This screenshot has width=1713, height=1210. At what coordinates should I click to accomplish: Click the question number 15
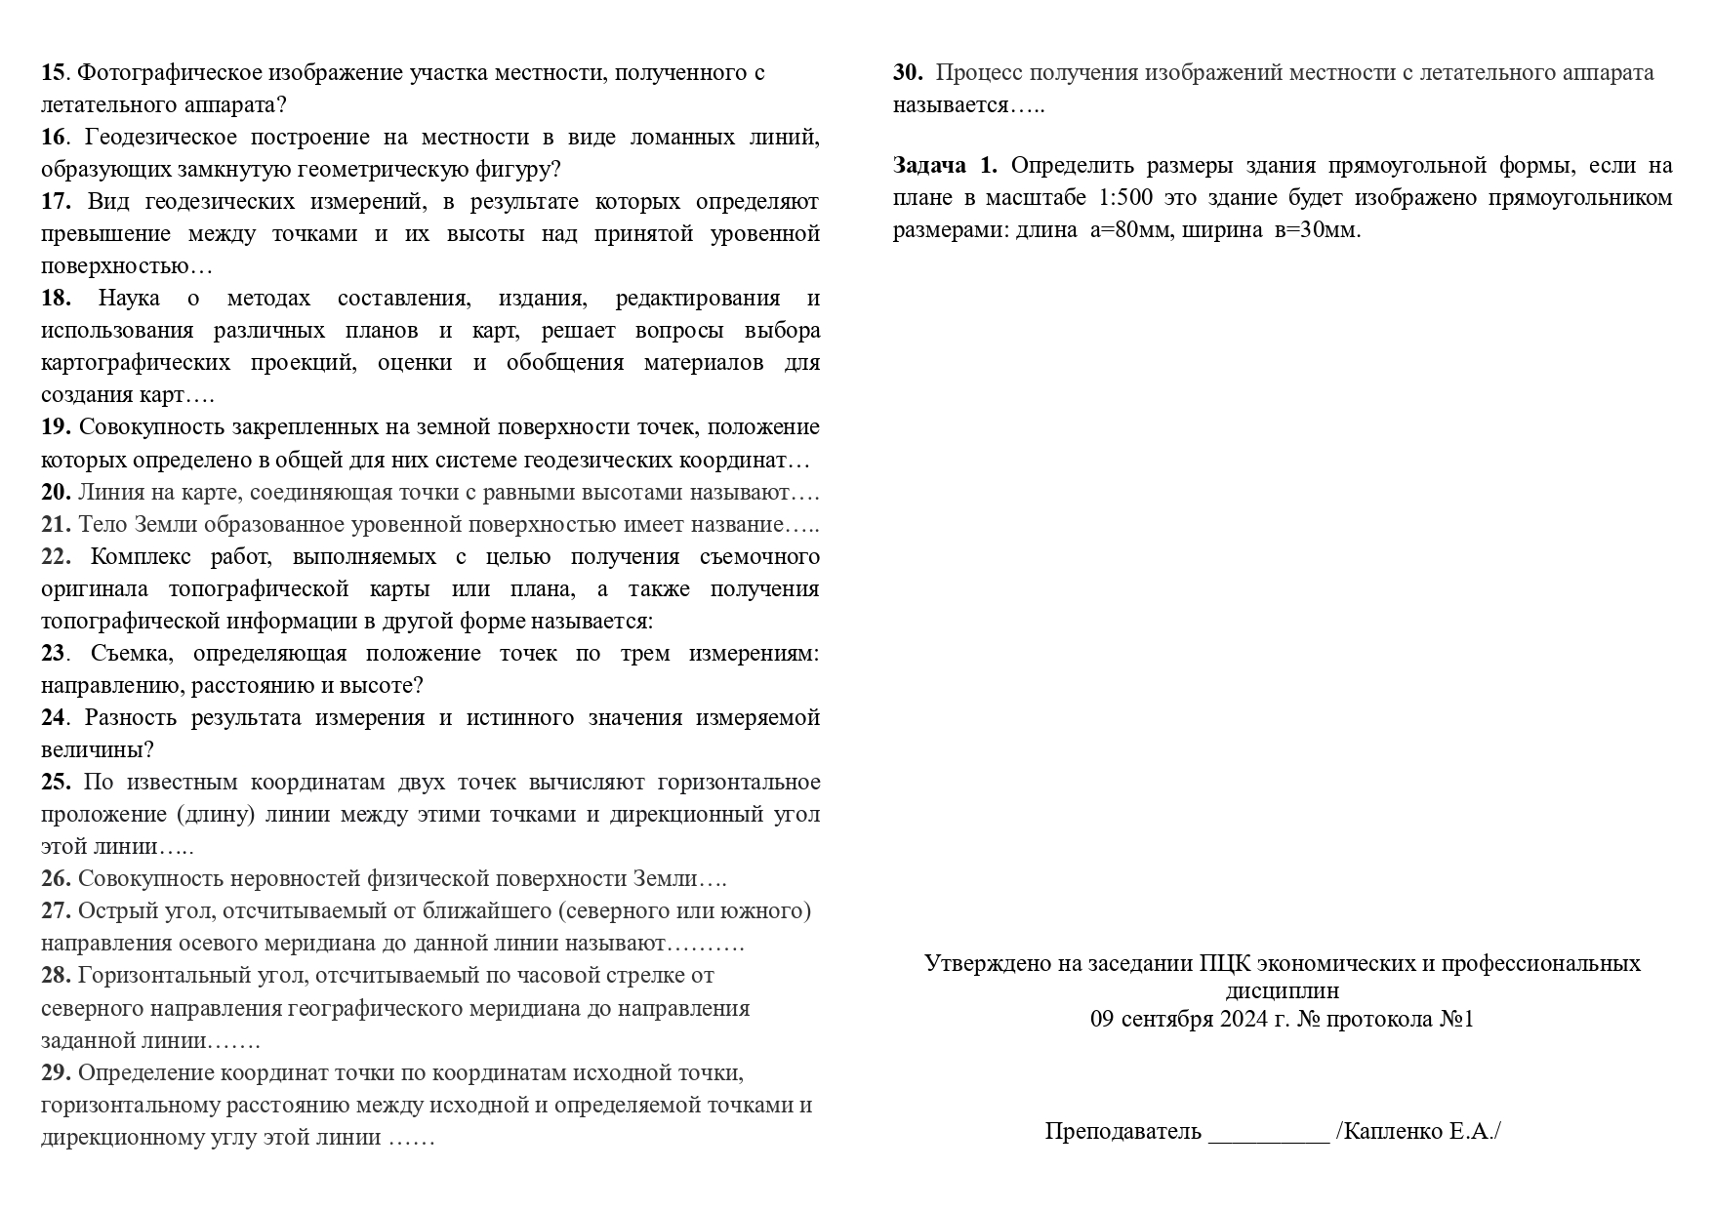(53, 73)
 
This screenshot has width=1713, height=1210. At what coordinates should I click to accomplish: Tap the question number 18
(56, 299)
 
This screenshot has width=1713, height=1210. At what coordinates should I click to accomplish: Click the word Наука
(129, 299)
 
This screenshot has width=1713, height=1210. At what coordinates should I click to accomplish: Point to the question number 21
(56, 525)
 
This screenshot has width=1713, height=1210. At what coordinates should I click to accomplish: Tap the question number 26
(56, 879)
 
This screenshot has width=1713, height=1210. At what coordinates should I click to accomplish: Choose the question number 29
(56, 1073)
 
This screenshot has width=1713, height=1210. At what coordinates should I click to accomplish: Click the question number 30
(908, 73)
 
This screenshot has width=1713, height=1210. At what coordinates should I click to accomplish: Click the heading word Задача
(930, 166)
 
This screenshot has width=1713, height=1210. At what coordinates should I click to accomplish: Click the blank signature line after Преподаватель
(1269, 1133)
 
